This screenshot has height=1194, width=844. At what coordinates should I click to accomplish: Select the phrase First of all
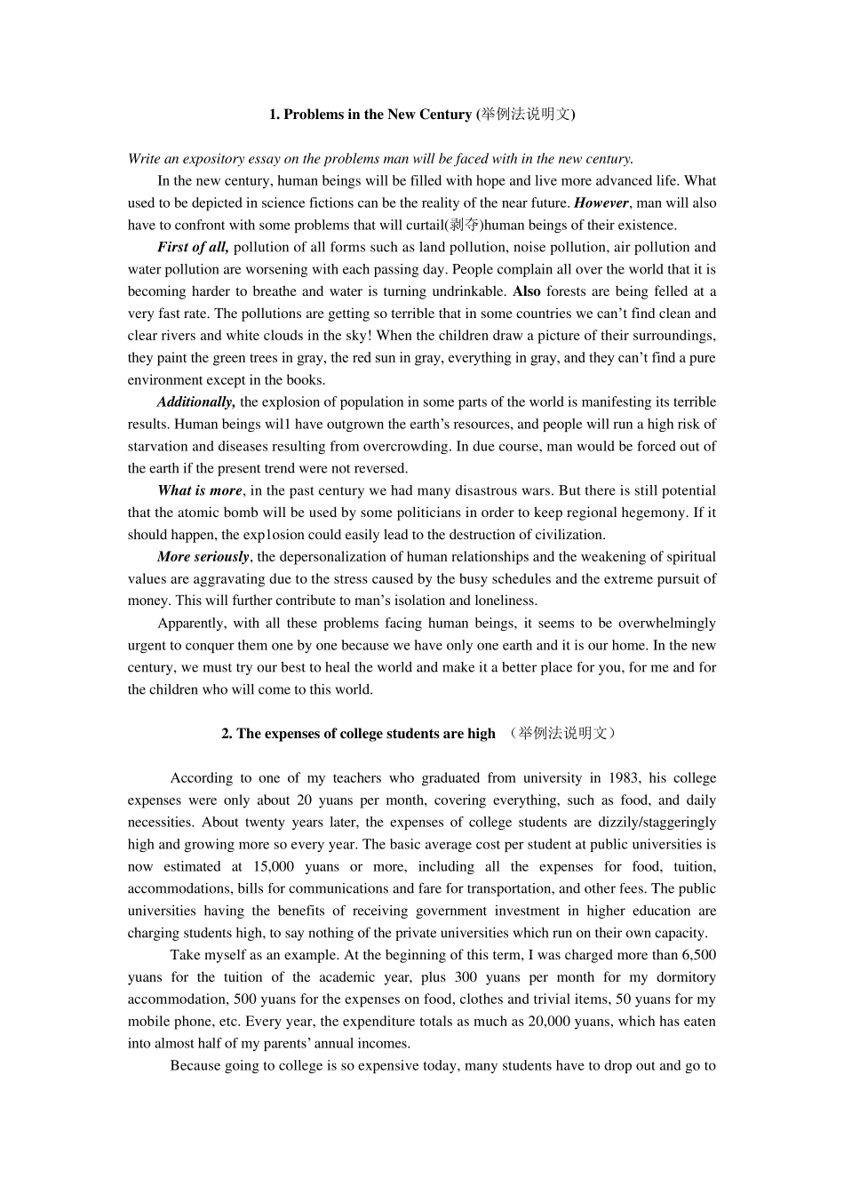pyautogui.click(x=193, y=247)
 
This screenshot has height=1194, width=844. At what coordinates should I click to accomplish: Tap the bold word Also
pyautogui.click(x=527, y=291)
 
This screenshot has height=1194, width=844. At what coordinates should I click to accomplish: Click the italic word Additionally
pyautogui.click(x=195, y=402)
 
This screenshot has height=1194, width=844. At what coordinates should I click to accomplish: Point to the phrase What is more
pyautogui.click(x=199, y=490)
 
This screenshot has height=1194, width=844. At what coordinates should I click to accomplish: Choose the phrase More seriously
pyautogui.click(x=203, y=557)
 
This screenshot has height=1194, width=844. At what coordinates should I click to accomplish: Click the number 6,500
pyautogui.click(x=698, y=955)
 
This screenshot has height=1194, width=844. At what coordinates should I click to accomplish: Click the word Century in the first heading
pyautogui.click(x=441, y=115)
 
